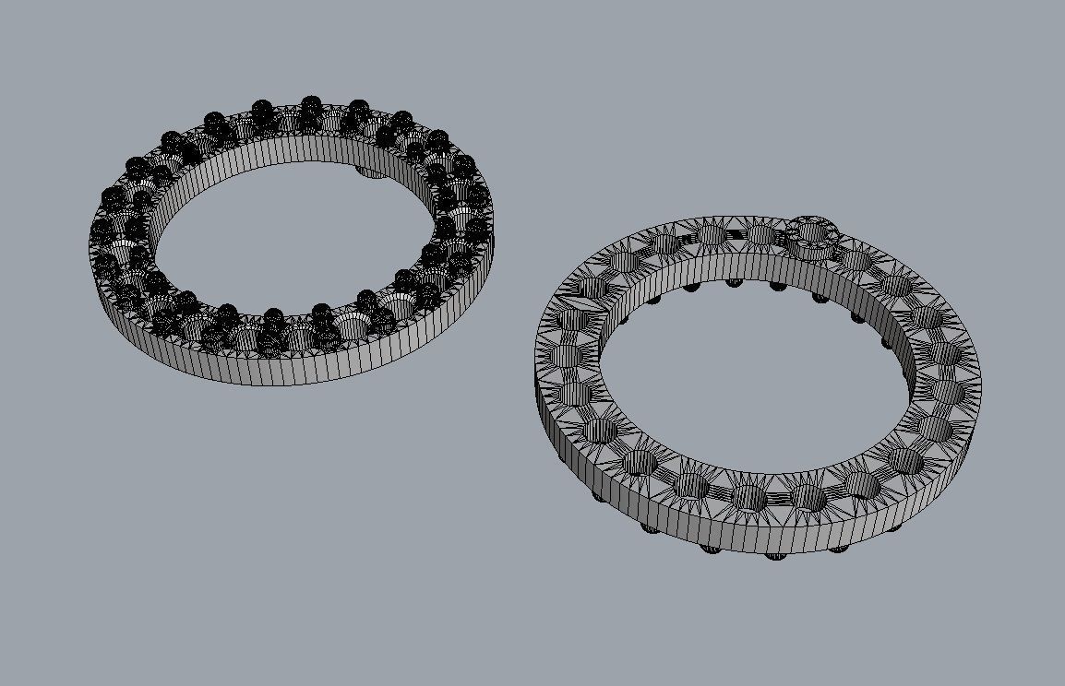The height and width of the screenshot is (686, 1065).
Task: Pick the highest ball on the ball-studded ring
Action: [311, 103]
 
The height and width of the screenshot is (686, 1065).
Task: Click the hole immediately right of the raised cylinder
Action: [856, 259]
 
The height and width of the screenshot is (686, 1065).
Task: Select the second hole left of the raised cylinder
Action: [712, 234]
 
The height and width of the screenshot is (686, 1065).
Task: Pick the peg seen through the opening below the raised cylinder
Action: [820, 297]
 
